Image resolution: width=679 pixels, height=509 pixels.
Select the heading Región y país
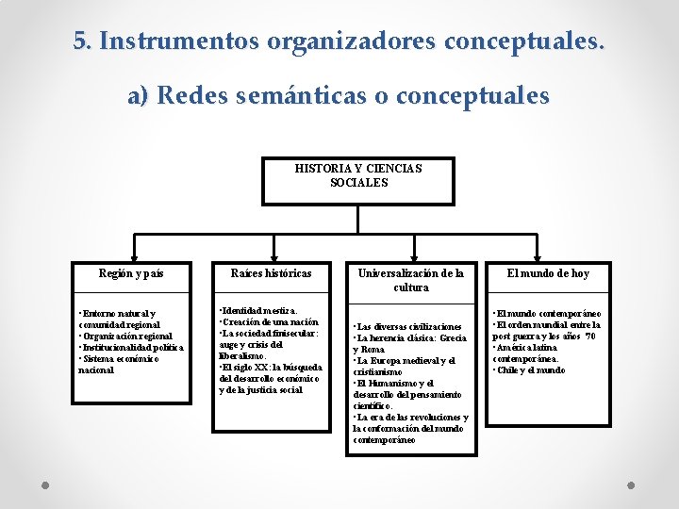click(131, 273)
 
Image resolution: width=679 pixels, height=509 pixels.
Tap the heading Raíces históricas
click(271, 273)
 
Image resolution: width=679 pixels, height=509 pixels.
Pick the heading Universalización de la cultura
click(410, 280)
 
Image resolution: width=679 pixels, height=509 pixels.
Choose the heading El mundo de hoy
click(547, 273)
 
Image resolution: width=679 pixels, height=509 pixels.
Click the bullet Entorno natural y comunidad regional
click(118, 319)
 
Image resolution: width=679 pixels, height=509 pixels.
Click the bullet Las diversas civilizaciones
click(407, 326)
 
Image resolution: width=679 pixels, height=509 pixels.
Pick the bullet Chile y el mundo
click(530, 370)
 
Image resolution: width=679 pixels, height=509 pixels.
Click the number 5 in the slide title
click(81, 42)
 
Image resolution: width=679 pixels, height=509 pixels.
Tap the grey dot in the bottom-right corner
click(632, 485)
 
